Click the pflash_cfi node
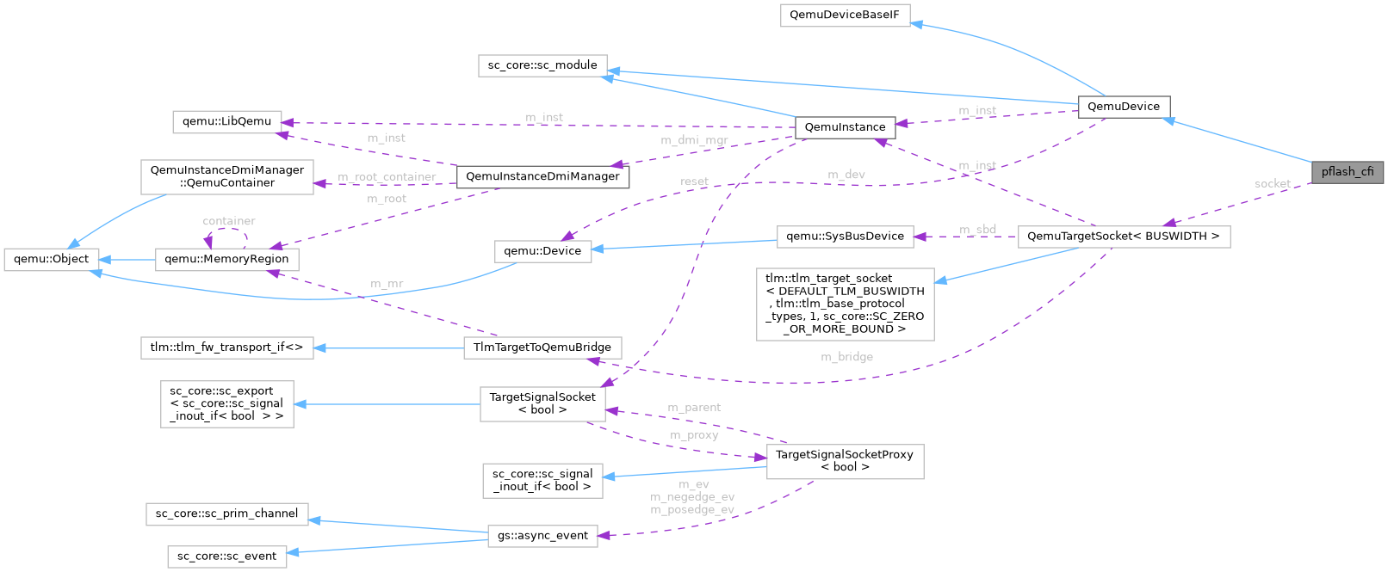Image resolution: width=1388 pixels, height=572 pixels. pyautogui.click(x=1348, y=171)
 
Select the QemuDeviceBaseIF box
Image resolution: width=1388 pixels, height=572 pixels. pyautogui.click(x=845, y=15)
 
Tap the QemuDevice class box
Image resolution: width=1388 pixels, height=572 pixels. pyautogui.click(x=1123, y=107)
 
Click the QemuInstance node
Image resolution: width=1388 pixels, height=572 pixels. pyautogui.click(x=844, y=127)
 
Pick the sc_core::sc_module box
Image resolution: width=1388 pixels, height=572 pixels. pyautogui.click(x=542, y=65)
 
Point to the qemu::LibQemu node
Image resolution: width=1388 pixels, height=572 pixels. pyautogui.click(x=226, y=121)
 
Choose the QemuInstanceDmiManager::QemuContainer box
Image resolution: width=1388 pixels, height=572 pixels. pyautogui.click(x=226, y=176)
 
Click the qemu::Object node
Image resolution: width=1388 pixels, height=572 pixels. pyautogui.click(x=51, y=259)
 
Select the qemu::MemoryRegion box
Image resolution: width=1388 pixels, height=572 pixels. pyautogui.click(x=226, y=259)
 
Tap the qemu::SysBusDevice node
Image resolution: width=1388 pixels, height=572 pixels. pyautogui.click(x=845, y=237)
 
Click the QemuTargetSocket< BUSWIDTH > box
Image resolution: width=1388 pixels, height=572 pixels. pyautogui.click(x=1123, y=237)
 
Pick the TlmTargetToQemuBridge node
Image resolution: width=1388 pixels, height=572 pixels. pyautogui.click(x=542, y=348)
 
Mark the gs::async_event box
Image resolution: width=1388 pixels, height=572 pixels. pyautogui.click(x=542, y=535)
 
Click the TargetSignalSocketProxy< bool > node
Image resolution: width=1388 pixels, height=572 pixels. pyautogui.click(x=844, y=460)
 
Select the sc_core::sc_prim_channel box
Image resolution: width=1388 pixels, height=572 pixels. pyautogui.click(x=226, y=514)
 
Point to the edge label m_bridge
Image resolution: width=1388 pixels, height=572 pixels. pyautogui.click(x=846, y=357)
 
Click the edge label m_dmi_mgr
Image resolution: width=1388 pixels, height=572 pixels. pyautogui.click(x=694, y=140)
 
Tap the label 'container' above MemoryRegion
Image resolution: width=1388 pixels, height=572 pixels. pyautogui.click(x=228, y=221)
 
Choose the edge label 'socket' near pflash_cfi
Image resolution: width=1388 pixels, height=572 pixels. pyautogui.click(x=1272, y=184)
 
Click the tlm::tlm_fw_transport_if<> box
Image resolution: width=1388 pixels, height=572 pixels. pyautogui.click(x=226, y=348)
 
